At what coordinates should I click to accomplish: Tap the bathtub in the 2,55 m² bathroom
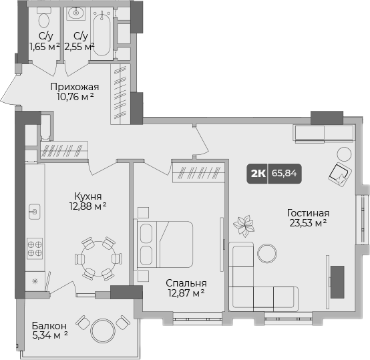click(x=103, y=33)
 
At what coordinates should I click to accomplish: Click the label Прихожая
click(x=75, y=87)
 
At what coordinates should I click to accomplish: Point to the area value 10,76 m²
click(x=75, y=98)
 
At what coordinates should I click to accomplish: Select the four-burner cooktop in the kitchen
click(x=35, y=249)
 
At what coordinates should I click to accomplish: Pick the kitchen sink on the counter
click(x=34, y=212)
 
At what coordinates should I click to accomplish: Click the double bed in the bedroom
click(x=164, y=244)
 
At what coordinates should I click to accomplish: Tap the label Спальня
click(x=186, y=283)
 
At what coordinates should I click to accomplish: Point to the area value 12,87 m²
click(x=185, y=293)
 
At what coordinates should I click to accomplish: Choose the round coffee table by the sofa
click(x=267, y=252)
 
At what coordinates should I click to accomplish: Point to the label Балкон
click(x=49, y=326)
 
